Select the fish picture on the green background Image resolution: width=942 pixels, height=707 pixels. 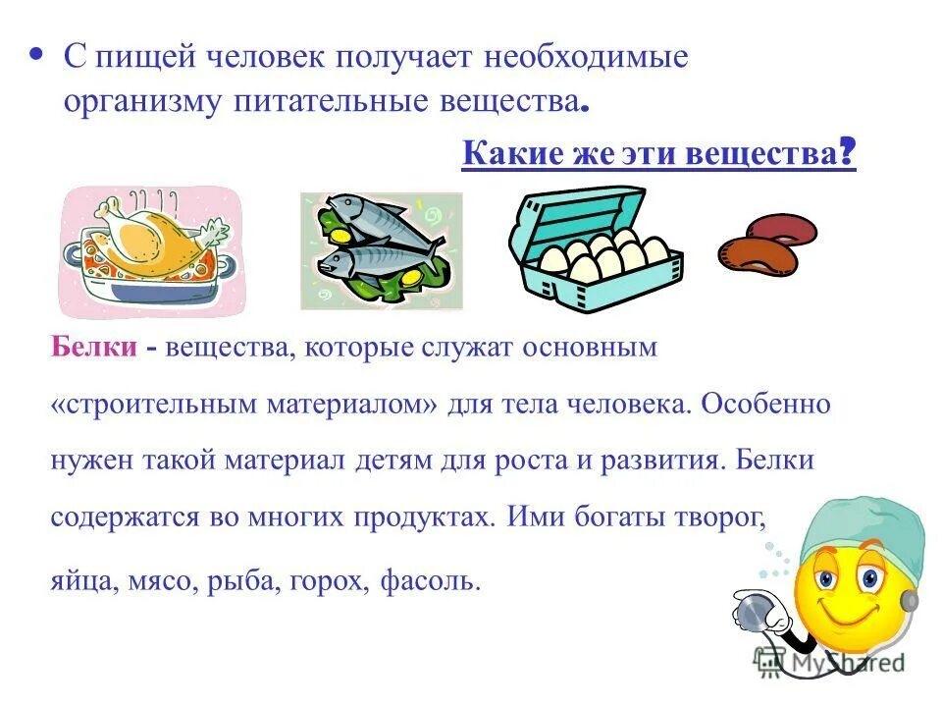click(x=381, y=249)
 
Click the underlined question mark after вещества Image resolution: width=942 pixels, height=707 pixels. click(x=848, y=154)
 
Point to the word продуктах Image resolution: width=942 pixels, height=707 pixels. click(x=420, y=517)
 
